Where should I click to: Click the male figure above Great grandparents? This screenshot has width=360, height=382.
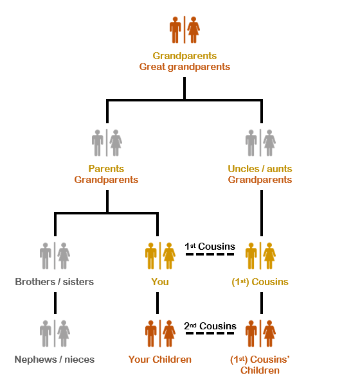[175, 30]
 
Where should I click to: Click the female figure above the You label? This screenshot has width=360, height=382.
[169, 256]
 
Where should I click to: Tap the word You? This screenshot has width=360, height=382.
[160, 282]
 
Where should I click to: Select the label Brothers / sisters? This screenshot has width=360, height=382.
[55, 282]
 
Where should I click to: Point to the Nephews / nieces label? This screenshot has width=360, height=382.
[55, 360]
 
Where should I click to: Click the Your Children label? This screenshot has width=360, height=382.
[160, 360]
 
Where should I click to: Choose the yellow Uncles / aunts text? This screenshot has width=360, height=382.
[260, 169]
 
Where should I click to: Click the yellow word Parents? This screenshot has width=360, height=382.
[106, 169]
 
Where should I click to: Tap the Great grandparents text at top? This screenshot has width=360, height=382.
[184, 67]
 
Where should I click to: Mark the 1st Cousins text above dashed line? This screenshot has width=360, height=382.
[210, 247]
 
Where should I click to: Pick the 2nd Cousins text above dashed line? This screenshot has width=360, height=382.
[210, 326]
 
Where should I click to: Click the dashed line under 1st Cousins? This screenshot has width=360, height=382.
[210, 254]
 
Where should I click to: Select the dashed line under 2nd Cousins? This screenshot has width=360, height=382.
[210, 333]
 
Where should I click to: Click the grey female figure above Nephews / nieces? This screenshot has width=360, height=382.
[64, 333]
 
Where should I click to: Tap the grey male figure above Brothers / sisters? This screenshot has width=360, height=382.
[46, 256]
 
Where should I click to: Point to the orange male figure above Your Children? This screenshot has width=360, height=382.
[150, 333]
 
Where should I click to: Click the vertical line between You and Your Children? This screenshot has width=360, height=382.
[157, 303]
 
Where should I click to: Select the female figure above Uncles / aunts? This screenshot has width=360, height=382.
[269, 143]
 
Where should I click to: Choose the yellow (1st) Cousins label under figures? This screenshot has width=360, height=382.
[260, 282]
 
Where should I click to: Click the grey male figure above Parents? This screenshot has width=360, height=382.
[97, 143]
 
